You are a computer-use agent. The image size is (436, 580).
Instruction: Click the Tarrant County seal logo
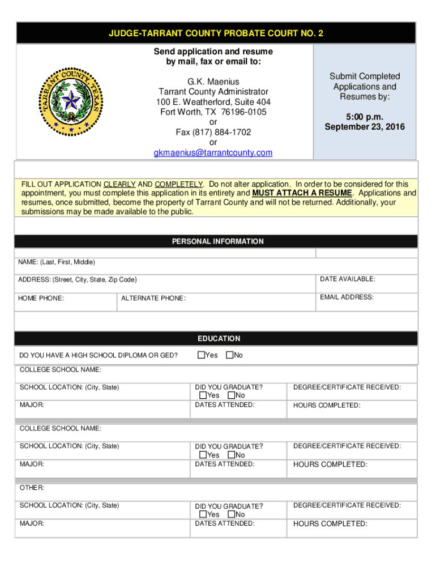tap(70, 103)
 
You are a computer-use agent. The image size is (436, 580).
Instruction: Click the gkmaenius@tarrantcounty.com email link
tap(213, 153)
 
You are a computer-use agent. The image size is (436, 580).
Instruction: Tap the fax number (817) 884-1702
tap(213, 132)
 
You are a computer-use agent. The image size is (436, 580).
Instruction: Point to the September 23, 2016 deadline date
tap(365, 127)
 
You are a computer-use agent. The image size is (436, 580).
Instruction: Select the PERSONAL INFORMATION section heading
tap(217, 241)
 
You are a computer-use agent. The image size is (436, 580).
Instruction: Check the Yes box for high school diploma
tap(201, 355)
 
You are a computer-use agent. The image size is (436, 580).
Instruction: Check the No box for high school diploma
tap(229, 355)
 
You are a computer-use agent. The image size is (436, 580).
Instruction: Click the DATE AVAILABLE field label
tap(347, 279)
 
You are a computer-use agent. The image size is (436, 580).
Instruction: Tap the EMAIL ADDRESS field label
tap(347, 297)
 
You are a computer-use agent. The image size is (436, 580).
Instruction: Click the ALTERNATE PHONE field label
tap(153, 298)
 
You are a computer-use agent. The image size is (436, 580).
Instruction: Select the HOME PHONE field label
tap(41, 298)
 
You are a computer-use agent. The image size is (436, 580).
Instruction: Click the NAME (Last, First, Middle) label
tap(57, 262)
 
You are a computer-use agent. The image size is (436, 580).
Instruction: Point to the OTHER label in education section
tap(32, 488)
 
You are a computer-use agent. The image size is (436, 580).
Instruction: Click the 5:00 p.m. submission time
tap(365, 117)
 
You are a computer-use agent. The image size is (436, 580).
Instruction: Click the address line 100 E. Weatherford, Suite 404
tap(213, 102)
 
